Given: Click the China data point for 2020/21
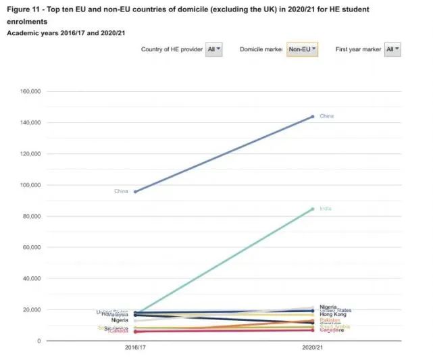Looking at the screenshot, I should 312,117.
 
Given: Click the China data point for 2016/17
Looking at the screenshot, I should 136,192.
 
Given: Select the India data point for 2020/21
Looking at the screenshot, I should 312,209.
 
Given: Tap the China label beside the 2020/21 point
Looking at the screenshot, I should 326,116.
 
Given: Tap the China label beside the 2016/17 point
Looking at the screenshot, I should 121,191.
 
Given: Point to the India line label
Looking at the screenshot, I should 326,209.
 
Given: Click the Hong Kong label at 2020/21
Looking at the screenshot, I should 332,315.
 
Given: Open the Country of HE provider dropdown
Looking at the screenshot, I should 213,49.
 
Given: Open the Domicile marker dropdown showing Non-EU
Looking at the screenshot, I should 302,49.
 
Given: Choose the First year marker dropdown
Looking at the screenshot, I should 392,49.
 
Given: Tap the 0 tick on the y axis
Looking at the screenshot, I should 38,341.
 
